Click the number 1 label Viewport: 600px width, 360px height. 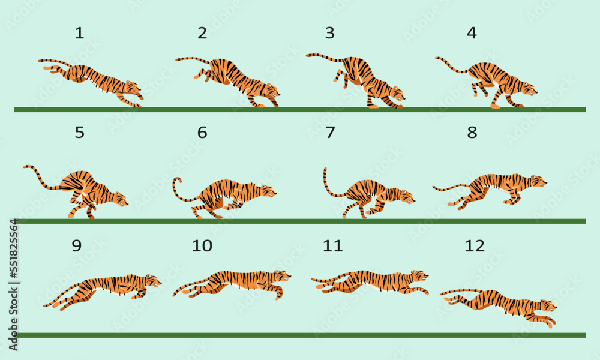[79, 34]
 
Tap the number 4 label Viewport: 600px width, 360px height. [472, 34]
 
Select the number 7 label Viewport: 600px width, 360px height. [329, 133]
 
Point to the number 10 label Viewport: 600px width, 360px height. [202, 245]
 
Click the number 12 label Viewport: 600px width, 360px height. [474, 245]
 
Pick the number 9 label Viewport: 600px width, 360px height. [76, 245]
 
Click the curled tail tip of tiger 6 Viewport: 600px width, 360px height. [177, 180]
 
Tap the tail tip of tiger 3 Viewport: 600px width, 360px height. [308, 55]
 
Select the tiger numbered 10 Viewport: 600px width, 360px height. [234, 282]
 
